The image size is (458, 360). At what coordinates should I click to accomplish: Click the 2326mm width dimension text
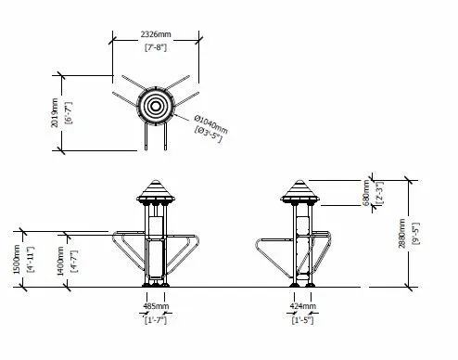(x=156, y=34)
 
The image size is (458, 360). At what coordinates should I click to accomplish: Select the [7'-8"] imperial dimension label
(x=156, y=47)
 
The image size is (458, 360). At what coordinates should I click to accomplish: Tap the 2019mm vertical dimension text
(x=55, y=112)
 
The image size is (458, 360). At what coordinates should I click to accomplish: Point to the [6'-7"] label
(x=69, y=113)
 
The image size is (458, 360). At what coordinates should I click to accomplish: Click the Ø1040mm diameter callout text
(x=211, y=124)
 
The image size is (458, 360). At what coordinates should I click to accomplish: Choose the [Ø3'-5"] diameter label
(x=209, y=135)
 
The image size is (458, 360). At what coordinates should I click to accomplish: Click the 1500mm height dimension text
(x=17, y=259)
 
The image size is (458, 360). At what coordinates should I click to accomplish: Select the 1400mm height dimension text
(x=60, y=261)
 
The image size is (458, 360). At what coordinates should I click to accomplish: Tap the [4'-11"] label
(x=32, y=259)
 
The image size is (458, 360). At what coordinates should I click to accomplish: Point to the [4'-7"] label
(x=74, y=261)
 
